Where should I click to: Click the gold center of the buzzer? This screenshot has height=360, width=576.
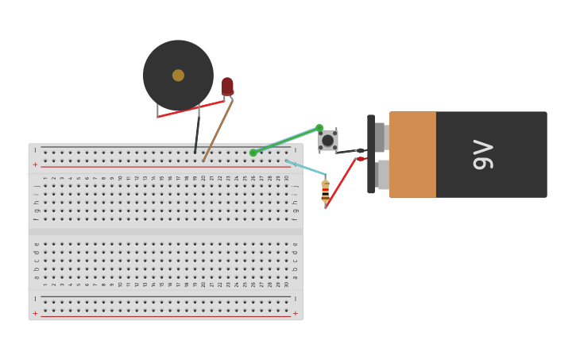(x=178, y=75)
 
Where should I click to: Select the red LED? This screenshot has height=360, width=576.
(x=227, y=86)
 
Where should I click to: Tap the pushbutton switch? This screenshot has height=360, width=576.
(x=328, y=140)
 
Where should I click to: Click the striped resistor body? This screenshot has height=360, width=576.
(x=325, y=191)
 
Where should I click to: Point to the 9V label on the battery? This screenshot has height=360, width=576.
(x=482, y=154)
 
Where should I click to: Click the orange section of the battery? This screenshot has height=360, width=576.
(x=412, y=154)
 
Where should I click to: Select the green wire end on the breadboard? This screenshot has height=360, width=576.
(x=253, y=153)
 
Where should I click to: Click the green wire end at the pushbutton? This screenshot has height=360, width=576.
(x=319, y=127)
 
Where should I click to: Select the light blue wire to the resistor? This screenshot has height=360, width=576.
(x=305, y=168)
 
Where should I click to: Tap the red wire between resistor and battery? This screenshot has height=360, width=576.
(x=341, y=182)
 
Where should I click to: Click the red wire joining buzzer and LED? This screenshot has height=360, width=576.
(x=191, y=109)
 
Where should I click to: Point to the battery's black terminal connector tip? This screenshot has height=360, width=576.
(x=360, y=150)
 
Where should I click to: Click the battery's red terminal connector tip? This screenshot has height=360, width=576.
(x=361, y=159)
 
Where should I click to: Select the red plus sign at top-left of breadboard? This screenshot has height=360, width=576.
(x=35, y=165)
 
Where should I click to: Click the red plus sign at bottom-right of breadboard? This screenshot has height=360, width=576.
(x=296, y=313)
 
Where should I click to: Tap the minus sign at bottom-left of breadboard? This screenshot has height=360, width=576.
(x=35, y=300)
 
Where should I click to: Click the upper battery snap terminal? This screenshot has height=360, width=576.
(x=380, y=137)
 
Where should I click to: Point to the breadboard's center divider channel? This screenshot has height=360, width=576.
(x=165, y=232)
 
